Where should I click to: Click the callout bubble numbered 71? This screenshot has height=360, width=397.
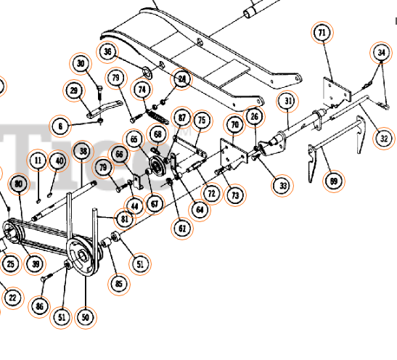(x=322, y=33)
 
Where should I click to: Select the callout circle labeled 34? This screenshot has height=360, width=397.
(x=381, y=52)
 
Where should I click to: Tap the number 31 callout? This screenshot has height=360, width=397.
(x=288, y=101)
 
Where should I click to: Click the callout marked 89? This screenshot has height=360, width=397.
(x=333, y=181)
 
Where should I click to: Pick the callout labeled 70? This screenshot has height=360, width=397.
(x=234, y=125)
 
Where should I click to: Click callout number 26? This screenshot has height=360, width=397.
(x=254, y=115)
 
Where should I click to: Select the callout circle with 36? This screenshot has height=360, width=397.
(x=107, y=52)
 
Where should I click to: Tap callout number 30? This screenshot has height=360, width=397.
(x=81, y=64)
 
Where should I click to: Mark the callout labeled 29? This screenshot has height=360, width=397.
(x=73, y=90)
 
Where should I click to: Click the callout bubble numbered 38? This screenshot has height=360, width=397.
(x=83, y=151)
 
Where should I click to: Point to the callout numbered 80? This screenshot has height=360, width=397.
(x=18, y=184)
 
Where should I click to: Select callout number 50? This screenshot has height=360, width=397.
(x=86, y=317)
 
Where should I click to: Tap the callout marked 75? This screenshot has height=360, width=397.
(x=201, y=120)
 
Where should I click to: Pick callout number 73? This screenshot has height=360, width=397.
(x=234, y=195)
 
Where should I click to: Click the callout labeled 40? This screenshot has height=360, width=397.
(x=57, y=161)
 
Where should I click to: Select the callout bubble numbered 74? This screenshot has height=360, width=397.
(x=142, y=89)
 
